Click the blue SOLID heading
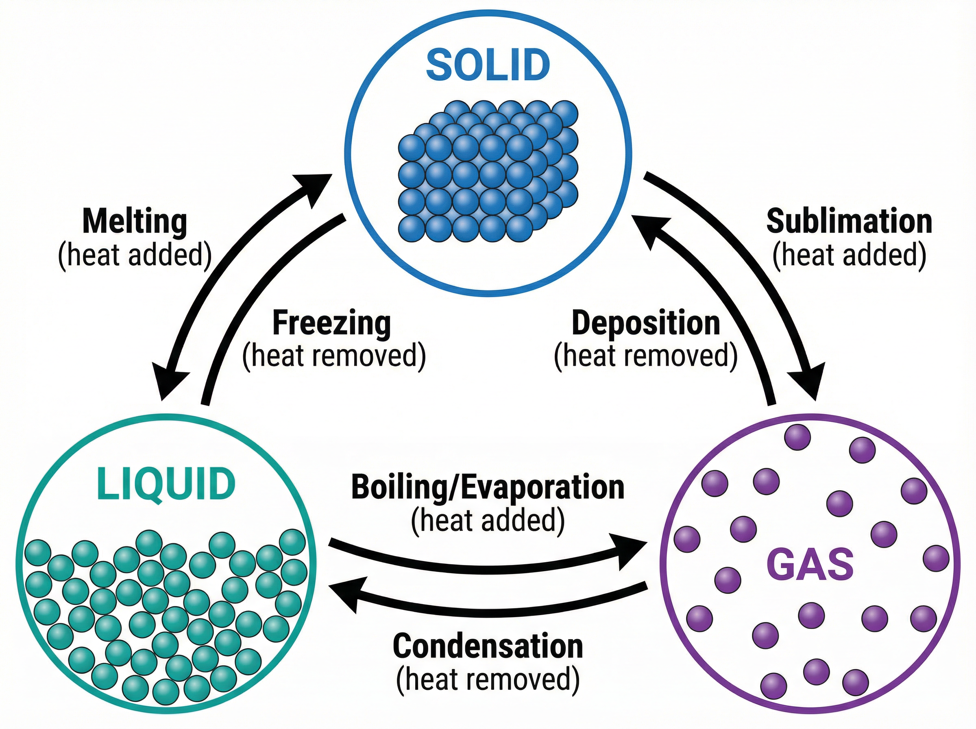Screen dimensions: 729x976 (488, 65)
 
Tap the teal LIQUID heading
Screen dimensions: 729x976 (165, 484)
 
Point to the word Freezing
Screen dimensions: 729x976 (332, 323)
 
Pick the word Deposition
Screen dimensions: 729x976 (646, 323)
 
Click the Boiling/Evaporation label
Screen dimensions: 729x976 (488, 487)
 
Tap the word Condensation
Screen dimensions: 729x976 (488, 646)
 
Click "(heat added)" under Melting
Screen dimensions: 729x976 (135, 255)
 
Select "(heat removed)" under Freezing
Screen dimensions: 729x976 (334, 356)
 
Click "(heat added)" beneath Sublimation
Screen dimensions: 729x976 (850, 255)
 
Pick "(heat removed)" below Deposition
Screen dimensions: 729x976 (646, 356)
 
